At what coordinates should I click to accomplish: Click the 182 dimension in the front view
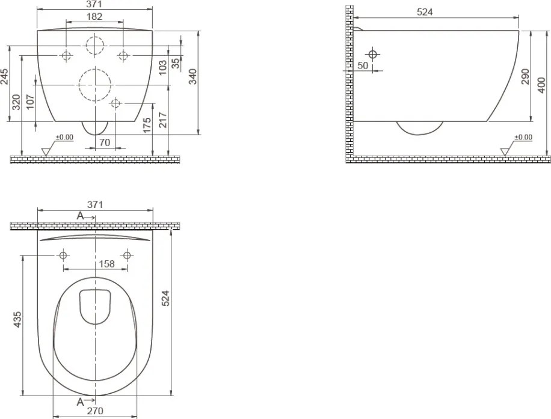(x=94, y=16)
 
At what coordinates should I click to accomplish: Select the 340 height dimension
(x=193, y=76)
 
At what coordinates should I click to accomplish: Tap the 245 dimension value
(x=5, y=76)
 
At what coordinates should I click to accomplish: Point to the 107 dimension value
(x=31, y=102)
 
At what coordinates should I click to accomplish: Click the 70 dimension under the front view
(x=105, y=142)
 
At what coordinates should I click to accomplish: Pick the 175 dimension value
(x=147, y=126)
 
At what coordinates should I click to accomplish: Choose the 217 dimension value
(x=162, y=120)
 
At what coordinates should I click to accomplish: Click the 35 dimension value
(x=176, y=63)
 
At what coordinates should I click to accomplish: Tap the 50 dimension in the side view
(x=363, y=66)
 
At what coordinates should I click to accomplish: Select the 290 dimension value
(x=525, y=76)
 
